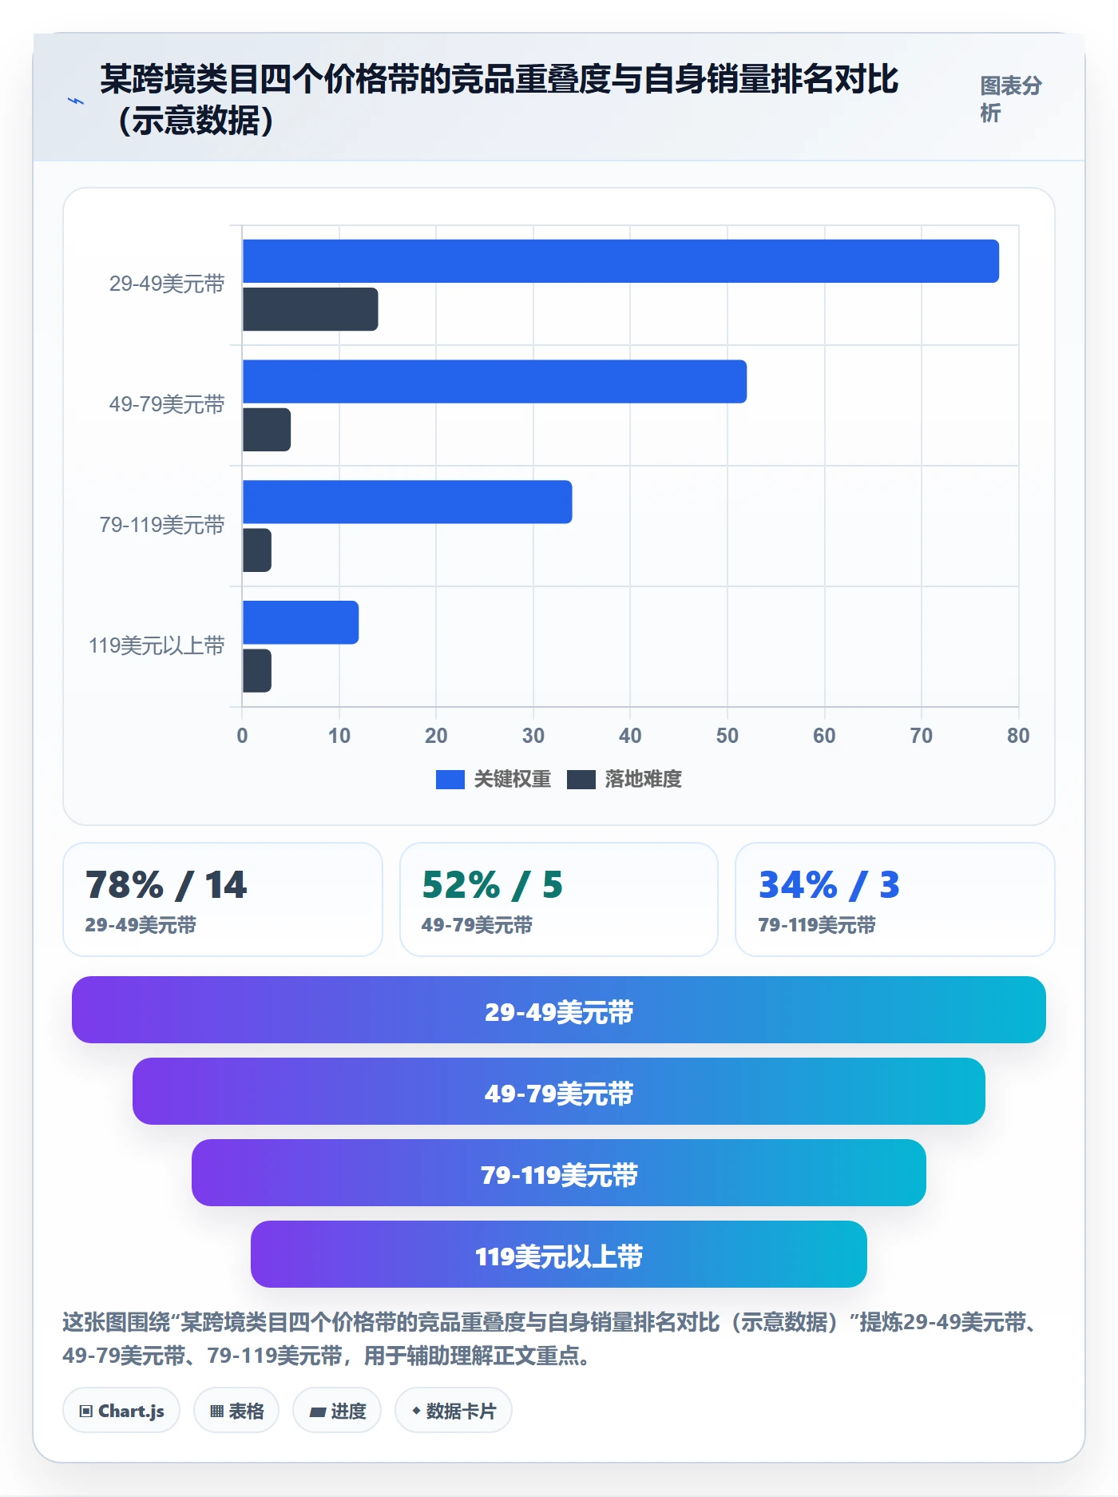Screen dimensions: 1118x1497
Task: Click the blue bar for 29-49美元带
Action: coord(620,261)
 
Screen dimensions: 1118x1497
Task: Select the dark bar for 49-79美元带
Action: coord(267,430)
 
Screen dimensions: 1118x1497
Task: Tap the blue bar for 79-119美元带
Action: coord(407,502)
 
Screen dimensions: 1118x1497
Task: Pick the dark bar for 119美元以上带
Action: coord(257,670)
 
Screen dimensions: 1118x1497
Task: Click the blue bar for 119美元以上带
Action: coord(300,622)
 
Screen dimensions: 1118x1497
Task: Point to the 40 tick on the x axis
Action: coord(630,736)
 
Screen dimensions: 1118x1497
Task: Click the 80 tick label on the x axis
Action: coord(1018,736)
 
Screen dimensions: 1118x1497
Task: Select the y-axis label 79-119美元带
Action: coord(162,525)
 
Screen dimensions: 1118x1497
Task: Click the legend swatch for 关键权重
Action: coord(450,780)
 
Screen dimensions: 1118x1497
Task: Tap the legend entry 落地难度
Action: coord(624,780)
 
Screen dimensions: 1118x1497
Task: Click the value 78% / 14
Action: coord(166,885)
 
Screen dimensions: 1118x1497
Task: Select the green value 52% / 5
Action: coord(492,885)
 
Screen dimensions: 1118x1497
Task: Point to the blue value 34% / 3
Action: coord(829,885)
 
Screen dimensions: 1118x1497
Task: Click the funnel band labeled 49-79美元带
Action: coord(559,1091)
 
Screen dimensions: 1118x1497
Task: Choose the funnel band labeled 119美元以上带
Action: coord(559,1254)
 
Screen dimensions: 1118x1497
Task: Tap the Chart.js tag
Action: coord(121,1411)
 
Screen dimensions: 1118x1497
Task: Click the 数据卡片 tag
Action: coord(454,1411)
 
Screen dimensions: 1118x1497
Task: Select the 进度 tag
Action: coord(337,1411)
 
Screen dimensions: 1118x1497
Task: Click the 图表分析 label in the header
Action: coord(1011,99)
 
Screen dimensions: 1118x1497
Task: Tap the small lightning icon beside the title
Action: coord(76,101)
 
